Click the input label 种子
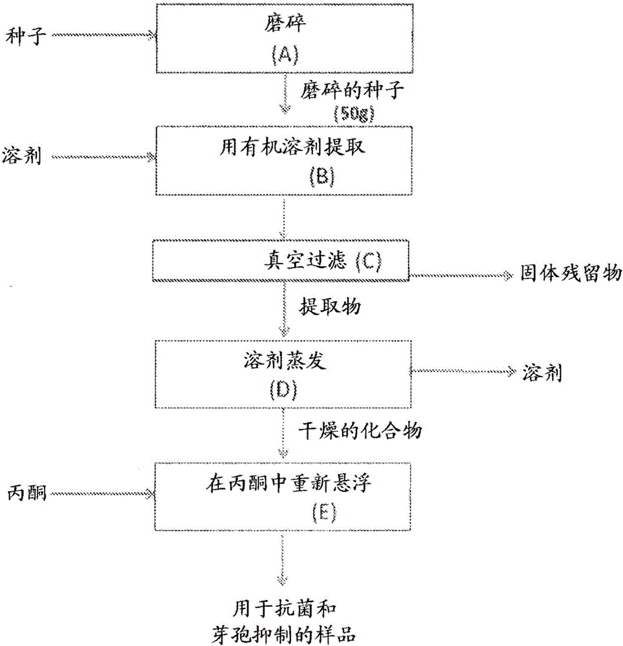click(x=23, y=34)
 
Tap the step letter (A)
click(x=282, y=56)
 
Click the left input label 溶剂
click(x=22, y=157)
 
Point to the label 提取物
click(x=329, y=306)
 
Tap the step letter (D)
click(x=282, y=390)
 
